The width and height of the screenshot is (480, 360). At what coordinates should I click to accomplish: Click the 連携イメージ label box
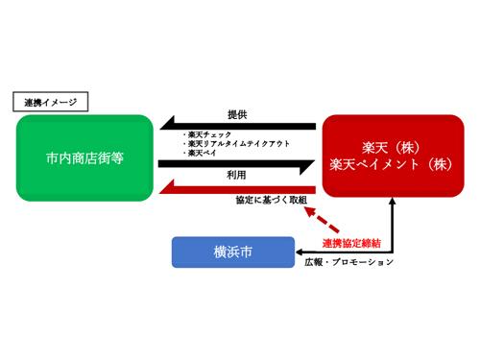pyautogui.click(x=49, y=100)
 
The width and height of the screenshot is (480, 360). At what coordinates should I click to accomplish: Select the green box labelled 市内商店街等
pyautogui.click(x=84, y=157)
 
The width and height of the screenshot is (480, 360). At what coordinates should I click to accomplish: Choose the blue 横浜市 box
pyautogui.click(x=233, y=252)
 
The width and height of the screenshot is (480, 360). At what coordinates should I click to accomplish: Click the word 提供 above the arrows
pyautogui.click(x=237, y=113)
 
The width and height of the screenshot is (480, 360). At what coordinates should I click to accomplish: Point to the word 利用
pyautogui.click(x=237, y=178)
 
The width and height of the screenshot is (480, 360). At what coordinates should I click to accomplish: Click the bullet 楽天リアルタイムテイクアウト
pyautogui.click(x=230, y=144)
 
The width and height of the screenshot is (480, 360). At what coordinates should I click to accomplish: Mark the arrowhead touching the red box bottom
pyautogui.click(x=391, y=204)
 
